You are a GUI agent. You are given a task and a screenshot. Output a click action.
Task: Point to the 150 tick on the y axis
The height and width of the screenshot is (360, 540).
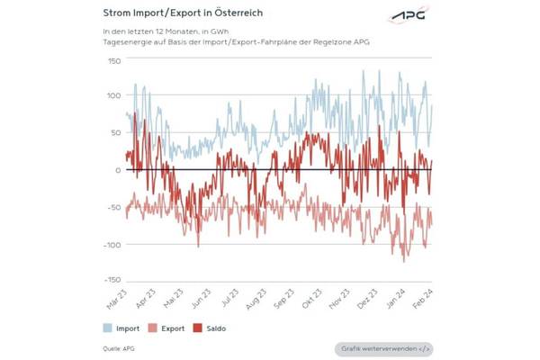pos(113,61)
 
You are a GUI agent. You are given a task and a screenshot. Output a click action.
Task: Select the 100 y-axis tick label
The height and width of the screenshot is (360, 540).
pos(113,95)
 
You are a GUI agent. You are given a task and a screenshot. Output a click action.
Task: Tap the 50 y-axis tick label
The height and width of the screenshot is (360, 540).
pos(115,132)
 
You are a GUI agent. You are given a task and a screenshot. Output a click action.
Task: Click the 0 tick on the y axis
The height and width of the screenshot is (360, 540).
pos(118,170)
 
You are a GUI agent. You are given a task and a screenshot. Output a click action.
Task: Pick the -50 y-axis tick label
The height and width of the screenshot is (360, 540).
pos(113,207)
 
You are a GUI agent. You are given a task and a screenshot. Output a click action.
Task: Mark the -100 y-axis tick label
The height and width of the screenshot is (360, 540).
pos(111,244)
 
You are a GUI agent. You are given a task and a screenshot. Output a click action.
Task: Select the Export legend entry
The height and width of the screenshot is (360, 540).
pos(167,328)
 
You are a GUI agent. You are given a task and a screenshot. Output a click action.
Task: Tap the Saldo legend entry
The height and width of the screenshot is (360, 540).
pos(212,328)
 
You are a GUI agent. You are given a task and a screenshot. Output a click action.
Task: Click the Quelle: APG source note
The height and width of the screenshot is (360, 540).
pos(120,347)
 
